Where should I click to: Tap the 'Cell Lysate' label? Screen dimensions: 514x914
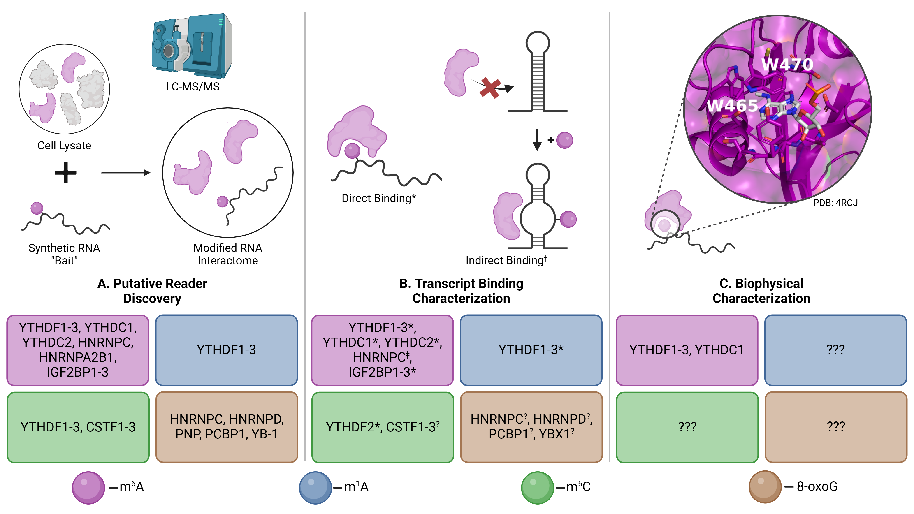pyautogui.click(x=64, y=146)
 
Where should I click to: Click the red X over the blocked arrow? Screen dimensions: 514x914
pyautogui.click(x=490, y=88)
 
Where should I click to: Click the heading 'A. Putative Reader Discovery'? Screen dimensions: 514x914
pyautogui.click(x=152, y=291)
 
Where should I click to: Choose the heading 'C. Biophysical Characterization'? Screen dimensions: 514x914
pyautogui.click(x=761, y=291)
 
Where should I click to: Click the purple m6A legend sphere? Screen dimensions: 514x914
pyautogui.click(x=88, y=487)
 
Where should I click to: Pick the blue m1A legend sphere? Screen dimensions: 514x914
pyautogui.click(x=315, y=487)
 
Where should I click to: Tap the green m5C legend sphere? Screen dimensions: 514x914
pyautogui.click(x=537, y=487)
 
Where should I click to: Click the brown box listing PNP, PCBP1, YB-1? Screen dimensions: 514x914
pyautogui.click(x=227, y=427)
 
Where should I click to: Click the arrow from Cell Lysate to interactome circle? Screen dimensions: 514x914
pyautogui.click(x=126, y=173)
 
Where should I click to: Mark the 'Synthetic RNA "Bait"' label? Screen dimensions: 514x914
pyautogui.click(x=64, y=254)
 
